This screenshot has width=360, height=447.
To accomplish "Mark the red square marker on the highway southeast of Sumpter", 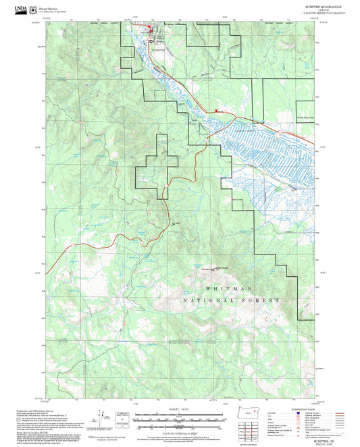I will click(215, 111).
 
